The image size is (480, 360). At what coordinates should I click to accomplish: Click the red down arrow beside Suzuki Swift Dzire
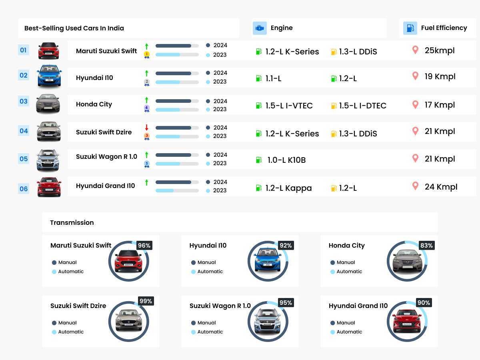pos(147,128)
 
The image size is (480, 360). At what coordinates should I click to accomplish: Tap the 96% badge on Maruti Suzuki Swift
pos(144,246)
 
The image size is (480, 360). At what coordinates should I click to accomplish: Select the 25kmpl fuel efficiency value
pos(440,50)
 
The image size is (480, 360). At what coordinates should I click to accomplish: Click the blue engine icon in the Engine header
pos(260,28)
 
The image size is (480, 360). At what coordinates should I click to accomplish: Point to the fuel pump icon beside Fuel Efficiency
pos(410,28)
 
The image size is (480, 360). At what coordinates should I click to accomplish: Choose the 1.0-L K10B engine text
pos(286,160)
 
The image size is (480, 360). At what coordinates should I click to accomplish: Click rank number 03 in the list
pos(24,101)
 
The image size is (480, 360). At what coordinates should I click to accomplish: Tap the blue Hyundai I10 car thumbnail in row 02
pos(49,76)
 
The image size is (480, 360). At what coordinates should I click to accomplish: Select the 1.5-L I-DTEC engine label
pos(362,106)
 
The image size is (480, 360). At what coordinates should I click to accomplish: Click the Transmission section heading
pos(72,222)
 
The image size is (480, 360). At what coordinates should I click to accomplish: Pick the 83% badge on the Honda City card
pos(426,246)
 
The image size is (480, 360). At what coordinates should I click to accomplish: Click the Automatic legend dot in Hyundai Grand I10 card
pos(332,332)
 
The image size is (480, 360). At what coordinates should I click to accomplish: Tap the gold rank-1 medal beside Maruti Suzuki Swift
pos(147,54)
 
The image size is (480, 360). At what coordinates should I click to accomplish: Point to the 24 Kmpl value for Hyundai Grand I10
pos(441,187)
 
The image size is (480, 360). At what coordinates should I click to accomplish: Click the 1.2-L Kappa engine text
pos(288,188)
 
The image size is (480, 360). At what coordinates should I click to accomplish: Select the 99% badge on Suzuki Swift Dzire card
pos(146,301)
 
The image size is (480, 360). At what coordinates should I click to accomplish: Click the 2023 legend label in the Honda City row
pos(220,109)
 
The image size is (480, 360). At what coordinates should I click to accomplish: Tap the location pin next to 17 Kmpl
pos(415,104)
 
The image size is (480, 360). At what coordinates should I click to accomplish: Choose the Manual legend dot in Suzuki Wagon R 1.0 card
pos(193,323)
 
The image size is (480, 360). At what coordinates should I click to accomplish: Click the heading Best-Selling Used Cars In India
pos(74,28)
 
